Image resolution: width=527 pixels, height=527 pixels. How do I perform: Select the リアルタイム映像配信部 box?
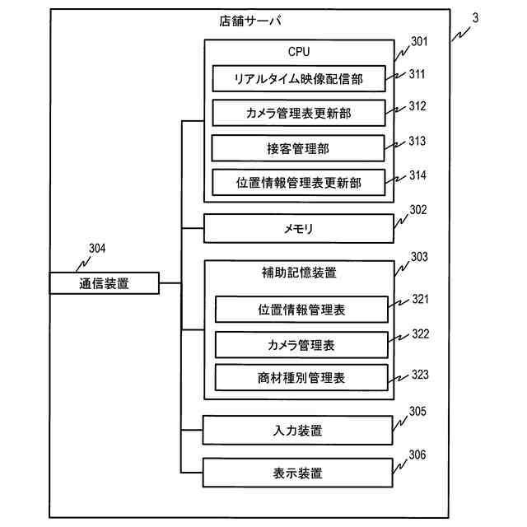pos(298,79)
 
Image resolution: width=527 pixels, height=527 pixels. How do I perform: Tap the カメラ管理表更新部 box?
pos(298,113)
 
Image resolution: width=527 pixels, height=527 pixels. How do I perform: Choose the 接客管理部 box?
pos(298,148)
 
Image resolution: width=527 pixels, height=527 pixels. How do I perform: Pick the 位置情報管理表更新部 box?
pos(298,182)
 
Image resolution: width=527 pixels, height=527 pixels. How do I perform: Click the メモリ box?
pos(298,228)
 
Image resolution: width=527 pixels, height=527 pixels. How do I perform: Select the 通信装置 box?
pos(104,283)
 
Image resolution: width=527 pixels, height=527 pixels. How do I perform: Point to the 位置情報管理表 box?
pos(301,310)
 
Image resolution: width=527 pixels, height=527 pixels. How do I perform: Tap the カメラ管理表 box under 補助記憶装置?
pos(301,344)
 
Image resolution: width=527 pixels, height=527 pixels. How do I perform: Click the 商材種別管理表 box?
pos(301,378)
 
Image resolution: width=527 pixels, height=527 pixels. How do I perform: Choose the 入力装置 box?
pos(298,430)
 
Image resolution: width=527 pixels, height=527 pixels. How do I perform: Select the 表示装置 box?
pos(298,473)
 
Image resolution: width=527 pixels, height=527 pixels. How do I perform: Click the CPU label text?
pos(299,51)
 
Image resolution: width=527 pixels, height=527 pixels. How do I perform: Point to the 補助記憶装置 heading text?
pos(298,272)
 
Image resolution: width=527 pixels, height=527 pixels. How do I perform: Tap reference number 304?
pos(96,249)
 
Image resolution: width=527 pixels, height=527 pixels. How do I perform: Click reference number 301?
pos(418,40)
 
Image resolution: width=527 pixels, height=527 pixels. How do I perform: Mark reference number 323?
pos(420,375)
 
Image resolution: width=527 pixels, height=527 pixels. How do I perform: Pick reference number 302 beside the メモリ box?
pos(418,209)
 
